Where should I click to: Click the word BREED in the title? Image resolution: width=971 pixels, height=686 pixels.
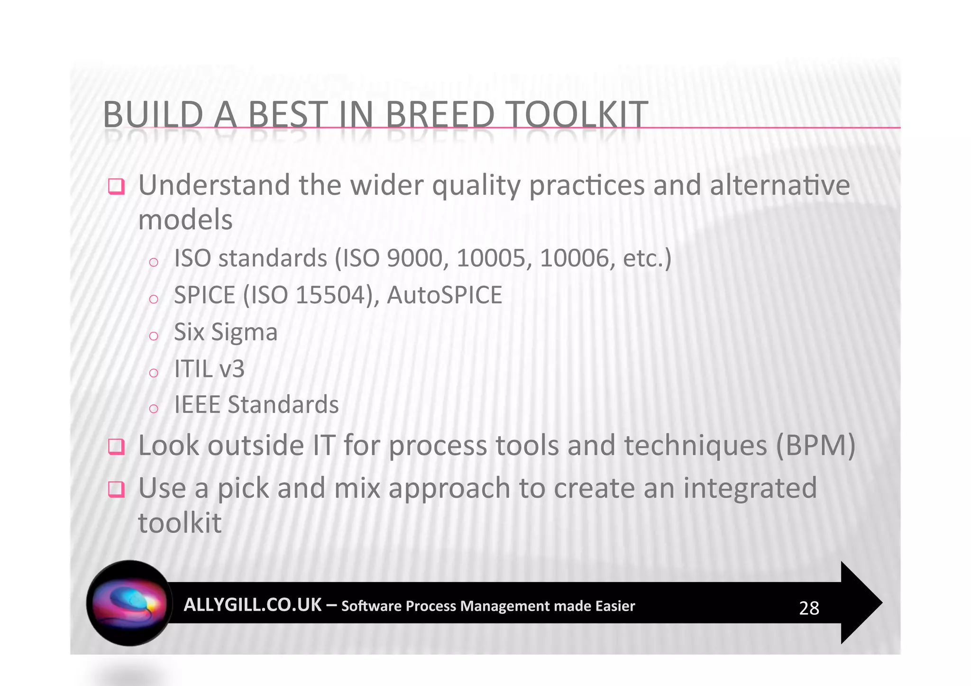[440, 115]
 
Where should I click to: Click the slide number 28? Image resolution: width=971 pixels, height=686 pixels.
[809, 608]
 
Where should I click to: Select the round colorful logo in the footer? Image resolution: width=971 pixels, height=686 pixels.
[129, 603]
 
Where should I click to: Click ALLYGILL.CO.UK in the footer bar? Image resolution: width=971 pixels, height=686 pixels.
[252, 605]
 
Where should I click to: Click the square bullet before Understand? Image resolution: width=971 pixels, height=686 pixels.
[116, 186]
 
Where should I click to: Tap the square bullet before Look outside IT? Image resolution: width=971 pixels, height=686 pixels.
[116, 447]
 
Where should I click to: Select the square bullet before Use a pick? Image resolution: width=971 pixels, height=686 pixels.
[116, 489]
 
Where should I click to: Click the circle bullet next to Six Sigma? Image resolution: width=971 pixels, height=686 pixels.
[153, 336]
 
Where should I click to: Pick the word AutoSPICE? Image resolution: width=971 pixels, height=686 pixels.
[444, 295]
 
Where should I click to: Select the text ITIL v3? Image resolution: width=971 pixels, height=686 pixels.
[209, 369]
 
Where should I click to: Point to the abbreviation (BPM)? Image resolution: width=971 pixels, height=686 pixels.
[815, 446]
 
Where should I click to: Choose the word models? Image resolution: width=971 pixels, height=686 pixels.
[185, 220]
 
